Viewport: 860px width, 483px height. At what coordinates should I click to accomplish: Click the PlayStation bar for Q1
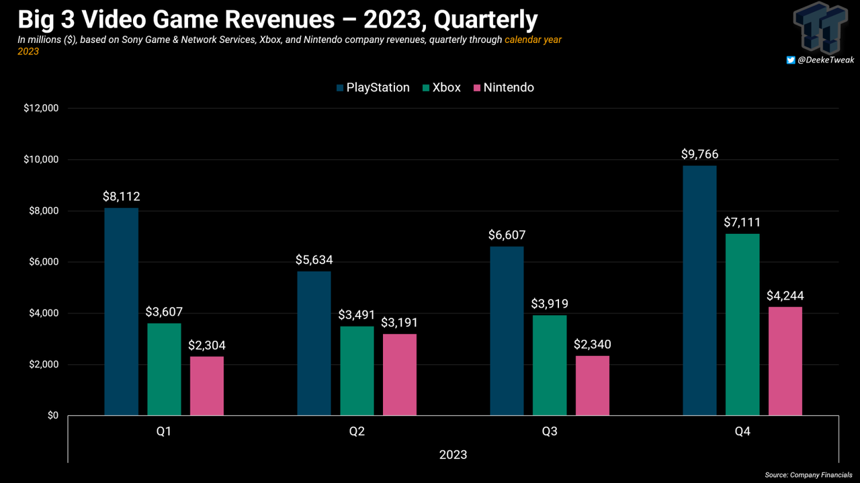121,312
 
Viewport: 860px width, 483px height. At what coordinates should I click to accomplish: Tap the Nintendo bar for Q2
399,375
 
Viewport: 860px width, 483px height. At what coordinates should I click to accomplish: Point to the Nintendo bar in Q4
785,361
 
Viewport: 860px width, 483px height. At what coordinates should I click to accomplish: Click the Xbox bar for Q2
357,371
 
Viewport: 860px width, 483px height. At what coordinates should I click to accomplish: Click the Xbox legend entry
441,87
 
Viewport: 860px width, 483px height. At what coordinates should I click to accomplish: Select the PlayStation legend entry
373,87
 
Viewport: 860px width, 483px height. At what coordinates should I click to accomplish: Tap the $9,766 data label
699,154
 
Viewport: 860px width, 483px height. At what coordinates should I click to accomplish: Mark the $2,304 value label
207,346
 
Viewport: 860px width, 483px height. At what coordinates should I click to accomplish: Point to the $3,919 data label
550,304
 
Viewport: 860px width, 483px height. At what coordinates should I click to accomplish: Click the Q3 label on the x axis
550,431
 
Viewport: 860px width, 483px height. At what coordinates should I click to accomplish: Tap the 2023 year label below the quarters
453,455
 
